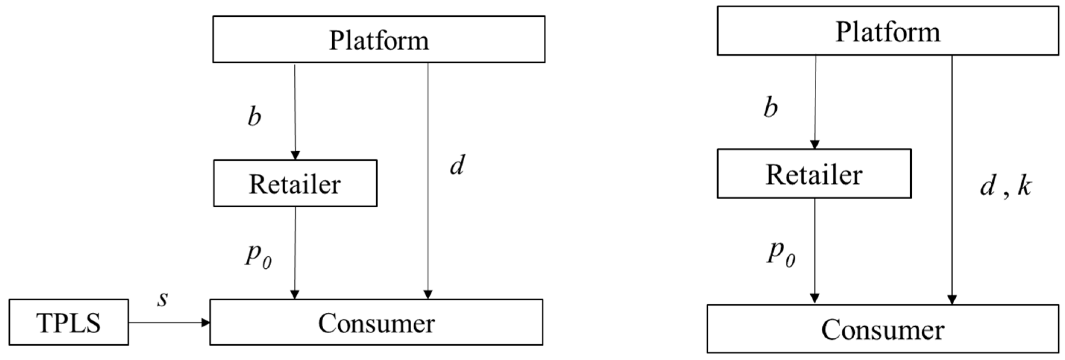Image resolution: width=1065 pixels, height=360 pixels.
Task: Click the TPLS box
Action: tap(69, 322)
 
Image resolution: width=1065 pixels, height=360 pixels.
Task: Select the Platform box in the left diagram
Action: tap(379, 40)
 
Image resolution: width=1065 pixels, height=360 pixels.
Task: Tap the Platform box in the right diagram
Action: tap(887, 31)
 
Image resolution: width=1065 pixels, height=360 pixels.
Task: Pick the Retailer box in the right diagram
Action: tap(814, 174)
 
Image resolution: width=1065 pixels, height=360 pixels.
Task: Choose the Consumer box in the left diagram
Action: tap(376, 322)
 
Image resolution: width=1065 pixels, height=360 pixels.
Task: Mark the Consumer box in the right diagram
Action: tap(882, 329)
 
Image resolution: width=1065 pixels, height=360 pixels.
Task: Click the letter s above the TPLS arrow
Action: tap(163, 299)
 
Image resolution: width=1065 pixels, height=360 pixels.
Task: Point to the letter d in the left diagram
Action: tap(457, 165)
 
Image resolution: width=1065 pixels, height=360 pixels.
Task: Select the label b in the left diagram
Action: tap(255, 117)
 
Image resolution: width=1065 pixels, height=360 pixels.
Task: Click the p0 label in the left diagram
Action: tap(258, 255)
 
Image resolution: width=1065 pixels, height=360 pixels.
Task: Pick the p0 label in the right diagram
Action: tap(781, 253)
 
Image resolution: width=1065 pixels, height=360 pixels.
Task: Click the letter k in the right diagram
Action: tap(1024, 186)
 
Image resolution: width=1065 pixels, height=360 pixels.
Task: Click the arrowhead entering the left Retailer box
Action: tap(295, 155)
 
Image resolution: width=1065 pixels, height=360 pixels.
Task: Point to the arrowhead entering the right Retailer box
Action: tap(814, 145)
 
